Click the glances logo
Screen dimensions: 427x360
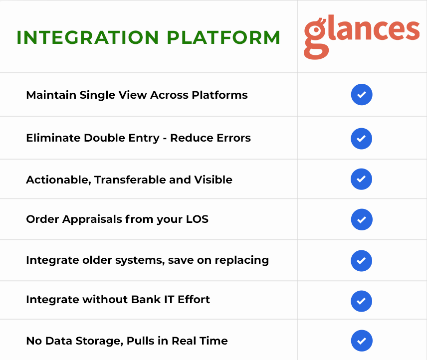(362, 37)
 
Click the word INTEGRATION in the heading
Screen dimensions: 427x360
(88, 37)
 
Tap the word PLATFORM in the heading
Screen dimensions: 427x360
(223, 37)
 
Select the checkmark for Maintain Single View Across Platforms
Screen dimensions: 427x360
(362, 94)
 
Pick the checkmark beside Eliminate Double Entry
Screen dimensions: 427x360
(361, 139)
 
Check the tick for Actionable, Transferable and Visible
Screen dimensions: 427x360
(361, 179)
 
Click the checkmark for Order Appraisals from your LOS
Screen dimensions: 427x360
(362, 219)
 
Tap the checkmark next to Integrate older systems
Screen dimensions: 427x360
(361, 261)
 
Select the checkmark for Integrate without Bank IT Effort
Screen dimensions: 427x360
(361, 301)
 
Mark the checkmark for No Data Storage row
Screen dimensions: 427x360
(362, 341)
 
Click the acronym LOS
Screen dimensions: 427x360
(197, 219)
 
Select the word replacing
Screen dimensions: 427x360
(242, 261)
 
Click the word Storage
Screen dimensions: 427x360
(99, 341)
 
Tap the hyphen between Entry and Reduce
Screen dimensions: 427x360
(165, 139)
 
